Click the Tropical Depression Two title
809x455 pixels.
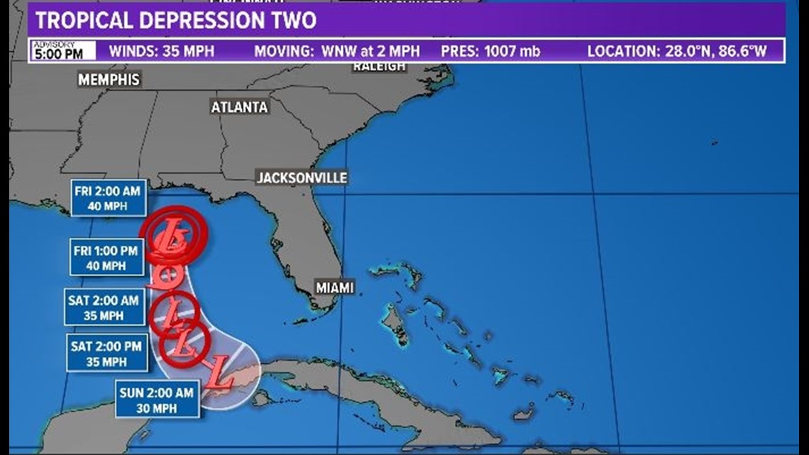pos(175,20)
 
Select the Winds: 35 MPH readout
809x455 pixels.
pos(161,51)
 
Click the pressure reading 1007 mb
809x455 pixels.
pos(490,51)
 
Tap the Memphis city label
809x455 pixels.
pos(109,80)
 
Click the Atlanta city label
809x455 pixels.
pos(239,107)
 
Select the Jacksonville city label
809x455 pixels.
pos(302,177)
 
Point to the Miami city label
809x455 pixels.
pos(335,287)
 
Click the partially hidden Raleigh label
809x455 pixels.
pos(380,66)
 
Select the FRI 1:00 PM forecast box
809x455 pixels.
pos(107,256)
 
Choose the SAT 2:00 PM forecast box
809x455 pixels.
pos(106,353)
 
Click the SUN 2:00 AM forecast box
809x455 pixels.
pos(157,398)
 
